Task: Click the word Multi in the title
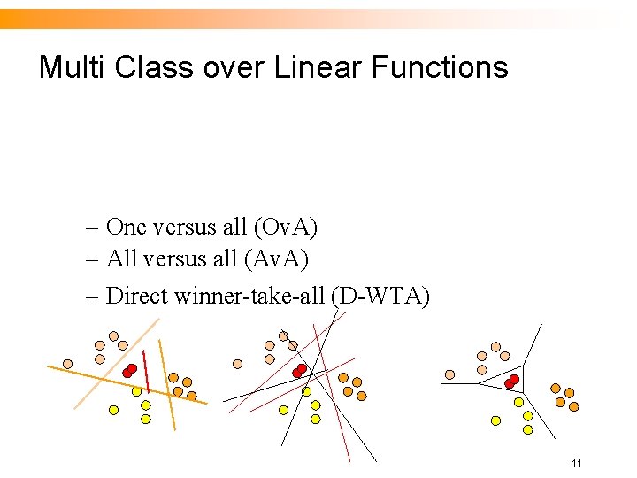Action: (x=73, y=67)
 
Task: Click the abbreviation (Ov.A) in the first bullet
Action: (x=285, y=227)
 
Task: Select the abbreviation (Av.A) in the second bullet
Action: (x=277, y=259)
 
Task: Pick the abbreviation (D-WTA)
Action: (x=380, y=295)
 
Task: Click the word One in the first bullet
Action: (x=127, y=227)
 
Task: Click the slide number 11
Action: (x=576, y=464)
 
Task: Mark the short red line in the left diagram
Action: (x=146, y=375)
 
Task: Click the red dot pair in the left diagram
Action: (x=130, y=370)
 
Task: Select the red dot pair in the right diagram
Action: (x=511, y=382)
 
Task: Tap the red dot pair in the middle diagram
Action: (x=299, y=370)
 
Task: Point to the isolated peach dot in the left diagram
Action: (x=67, y=363)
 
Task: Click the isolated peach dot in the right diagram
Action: (x=449, y=374)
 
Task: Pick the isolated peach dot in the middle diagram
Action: (x=237, y=363)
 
